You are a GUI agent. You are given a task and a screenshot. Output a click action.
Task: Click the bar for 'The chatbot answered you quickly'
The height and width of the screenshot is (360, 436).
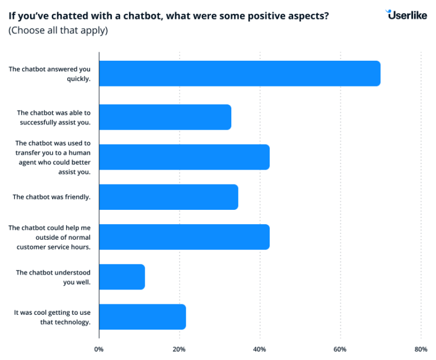tap(239, 73)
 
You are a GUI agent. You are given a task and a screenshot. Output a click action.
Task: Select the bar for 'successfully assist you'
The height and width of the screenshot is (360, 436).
tap(165, 117)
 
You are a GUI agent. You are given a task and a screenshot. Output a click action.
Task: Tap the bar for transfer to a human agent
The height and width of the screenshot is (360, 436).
tap(184, 157)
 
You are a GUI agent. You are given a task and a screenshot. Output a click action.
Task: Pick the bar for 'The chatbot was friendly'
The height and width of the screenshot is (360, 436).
tap(168, 197)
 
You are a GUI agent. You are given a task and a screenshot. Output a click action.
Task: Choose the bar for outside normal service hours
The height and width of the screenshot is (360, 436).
tap(184, 237)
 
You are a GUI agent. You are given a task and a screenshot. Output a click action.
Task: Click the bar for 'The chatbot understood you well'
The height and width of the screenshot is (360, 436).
tap(122, 277)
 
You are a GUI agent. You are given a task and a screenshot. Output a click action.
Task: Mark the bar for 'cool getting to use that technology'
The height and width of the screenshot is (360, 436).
tap(142, 317)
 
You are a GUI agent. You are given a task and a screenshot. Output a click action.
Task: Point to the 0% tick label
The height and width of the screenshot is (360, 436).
tap(99, 349)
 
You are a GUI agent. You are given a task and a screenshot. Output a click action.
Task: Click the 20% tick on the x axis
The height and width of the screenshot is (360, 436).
tap(179, 349)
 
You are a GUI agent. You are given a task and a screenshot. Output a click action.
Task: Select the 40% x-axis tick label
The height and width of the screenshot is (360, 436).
tap(260, 349)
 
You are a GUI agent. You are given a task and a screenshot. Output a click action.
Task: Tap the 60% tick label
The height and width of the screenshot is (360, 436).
tap(340, 349)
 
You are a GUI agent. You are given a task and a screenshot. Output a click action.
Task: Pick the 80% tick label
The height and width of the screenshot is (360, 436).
tap(421, 349)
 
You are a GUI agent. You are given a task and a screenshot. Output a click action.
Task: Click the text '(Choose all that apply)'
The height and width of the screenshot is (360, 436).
tap(57, 30)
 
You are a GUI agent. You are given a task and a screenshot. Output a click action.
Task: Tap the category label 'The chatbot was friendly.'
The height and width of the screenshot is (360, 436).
tap(52, 197)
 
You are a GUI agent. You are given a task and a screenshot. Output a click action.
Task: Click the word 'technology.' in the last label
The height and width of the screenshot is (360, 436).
tap(72, 322)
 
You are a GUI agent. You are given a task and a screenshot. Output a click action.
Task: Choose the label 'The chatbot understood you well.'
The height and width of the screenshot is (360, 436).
tap(53, 277)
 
